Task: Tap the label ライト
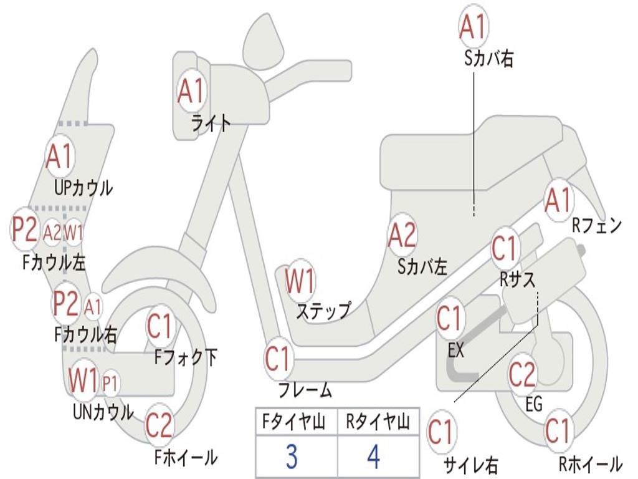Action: [x=211, y=123]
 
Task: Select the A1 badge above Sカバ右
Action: [x=472, y=27]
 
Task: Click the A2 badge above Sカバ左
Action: [x=402, y=235]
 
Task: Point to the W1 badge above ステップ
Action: [x=300, y=282]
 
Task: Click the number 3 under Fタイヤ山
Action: [x=291, y=457]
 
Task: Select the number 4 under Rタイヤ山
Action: [x=373, y=457]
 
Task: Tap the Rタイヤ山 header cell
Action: [x=378, y=423]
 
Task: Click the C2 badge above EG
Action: [x=522, y=374]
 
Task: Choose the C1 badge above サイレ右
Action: [x=441, y=432]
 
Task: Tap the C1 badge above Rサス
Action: [x=505, y=249]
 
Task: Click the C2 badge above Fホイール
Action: [x=159, y=426]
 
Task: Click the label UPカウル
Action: [x=83, y=187]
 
